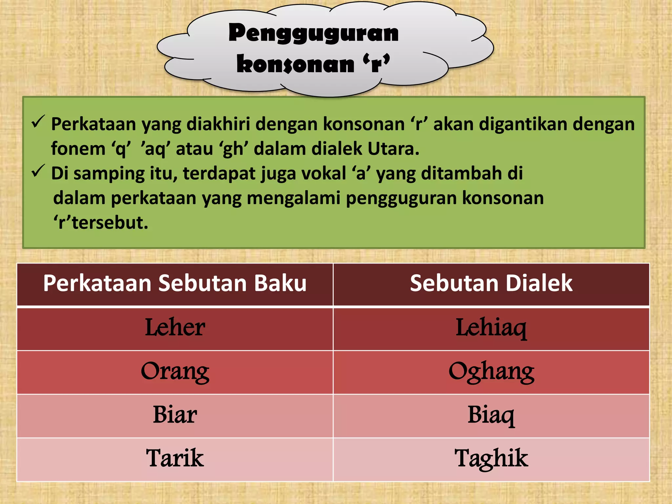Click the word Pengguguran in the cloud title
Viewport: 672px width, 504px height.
click(313, 34)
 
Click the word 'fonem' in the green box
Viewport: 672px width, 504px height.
click(78, 149)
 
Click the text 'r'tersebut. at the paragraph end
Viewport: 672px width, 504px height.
click(101, 222)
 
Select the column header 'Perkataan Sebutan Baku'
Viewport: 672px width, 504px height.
click(175, 283)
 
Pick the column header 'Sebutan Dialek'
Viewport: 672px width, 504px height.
click(491, 283)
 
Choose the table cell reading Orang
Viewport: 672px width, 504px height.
click(175, 372)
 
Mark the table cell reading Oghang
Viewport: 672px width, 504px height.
click(491, 372)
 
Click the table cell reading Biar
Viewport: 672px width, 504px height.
click(175, 415)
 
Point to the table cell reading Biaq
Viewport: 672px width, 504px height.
click(491, 415)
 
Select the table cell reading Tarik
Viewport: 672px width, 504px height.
click(175, 458)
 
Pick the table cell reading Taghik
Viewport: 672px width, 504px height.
click(491, 458)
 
